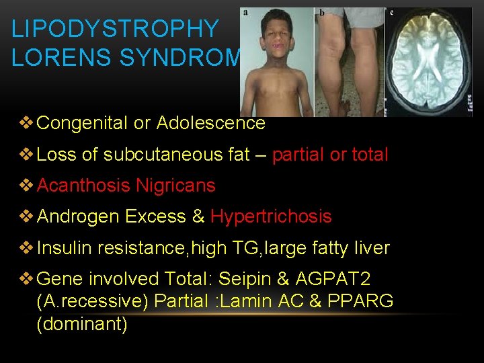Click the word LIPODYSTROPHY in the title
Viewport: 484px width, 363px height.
(115, 29)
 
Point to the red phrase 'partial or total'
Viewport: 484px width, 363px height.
(330, 155)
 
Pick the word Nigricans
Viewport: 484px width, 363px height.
(175, 186)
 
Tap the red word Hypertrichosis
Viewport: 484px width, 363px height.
(271, 216)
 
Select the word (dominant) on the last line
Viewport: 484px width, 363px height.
(82, 324)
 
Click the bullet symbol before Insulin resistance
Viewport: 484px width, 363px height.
(26, 248)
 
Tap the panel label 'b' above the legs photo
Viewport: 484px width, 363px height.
(322, 13)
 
